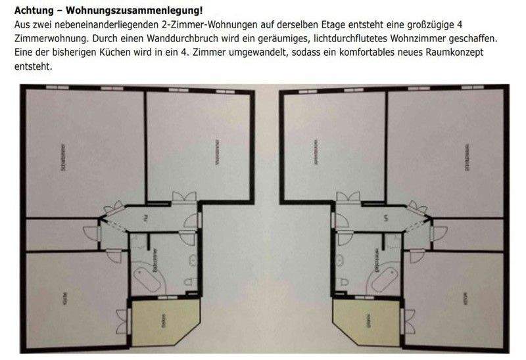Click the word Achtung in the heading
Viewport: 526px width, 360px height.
click(x=32, y=10)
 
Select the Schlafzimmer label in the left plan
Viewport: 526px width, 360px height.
click(x=63, y=158)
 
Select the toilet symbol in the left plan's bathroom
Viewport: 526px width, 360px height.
click(x=189, y=281)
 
